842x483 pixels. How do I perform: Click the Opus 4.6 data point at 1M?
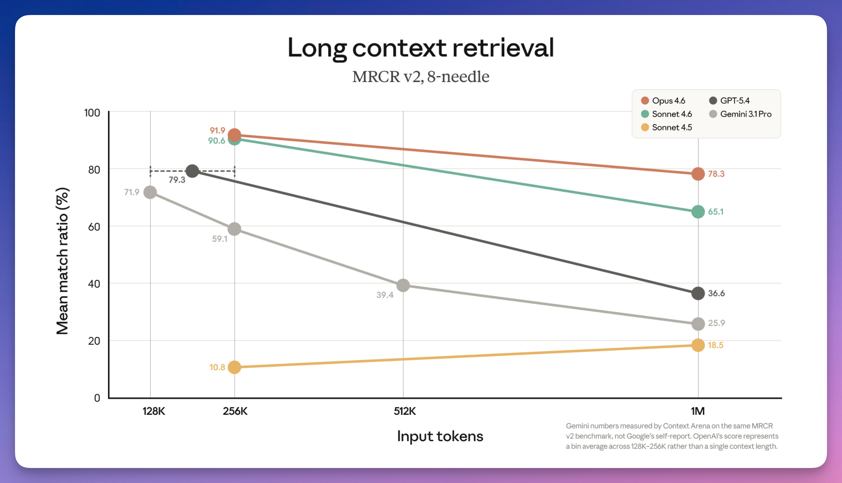[x=698, y=174]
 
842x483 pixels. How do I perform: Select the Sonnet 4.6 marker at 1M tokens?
[x=698, y=212]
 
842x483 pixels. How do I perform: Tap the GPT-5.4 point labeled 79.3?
[x=192, y=171]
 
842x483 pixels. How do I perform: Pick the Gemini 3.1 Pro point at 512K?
[x=403, y=285]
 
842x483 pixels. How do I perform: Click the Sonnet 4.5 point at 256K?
[x=234, y=367]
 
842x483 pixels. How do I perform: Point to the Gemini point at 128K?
[x=150, y=192]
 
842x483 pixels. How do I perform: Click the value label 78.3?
[x=716, y=174]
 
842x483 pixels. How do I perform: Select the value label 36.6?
[x=716, y=293]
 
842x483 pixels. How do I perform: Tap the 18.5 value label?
[x=715, y=345]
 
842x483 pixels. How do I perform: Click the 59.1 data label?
[x=220, y=239]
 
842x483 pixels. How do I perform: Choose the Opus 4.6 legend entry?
[x=663, y=100]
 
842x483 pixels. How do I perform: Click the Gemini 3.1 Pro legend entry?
[x=741, y=114]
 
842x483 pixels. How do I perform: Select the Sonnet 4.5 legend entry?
[x=667, y=127]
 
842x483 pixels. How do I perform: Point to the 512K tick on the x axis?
[x=404, y=411]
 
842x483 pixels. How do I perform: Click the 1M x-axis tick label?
[x=698, y=411]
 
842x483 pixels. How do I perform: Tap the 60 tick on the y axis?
[x=94, y=227]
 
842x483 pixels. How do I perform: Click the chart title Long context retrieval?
[x=421, y=48]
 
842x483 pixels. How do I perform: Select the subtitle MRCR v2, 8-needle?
[x=421, y=77]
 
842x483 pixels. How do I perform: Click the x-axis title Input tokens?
[x=440, y=436]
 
